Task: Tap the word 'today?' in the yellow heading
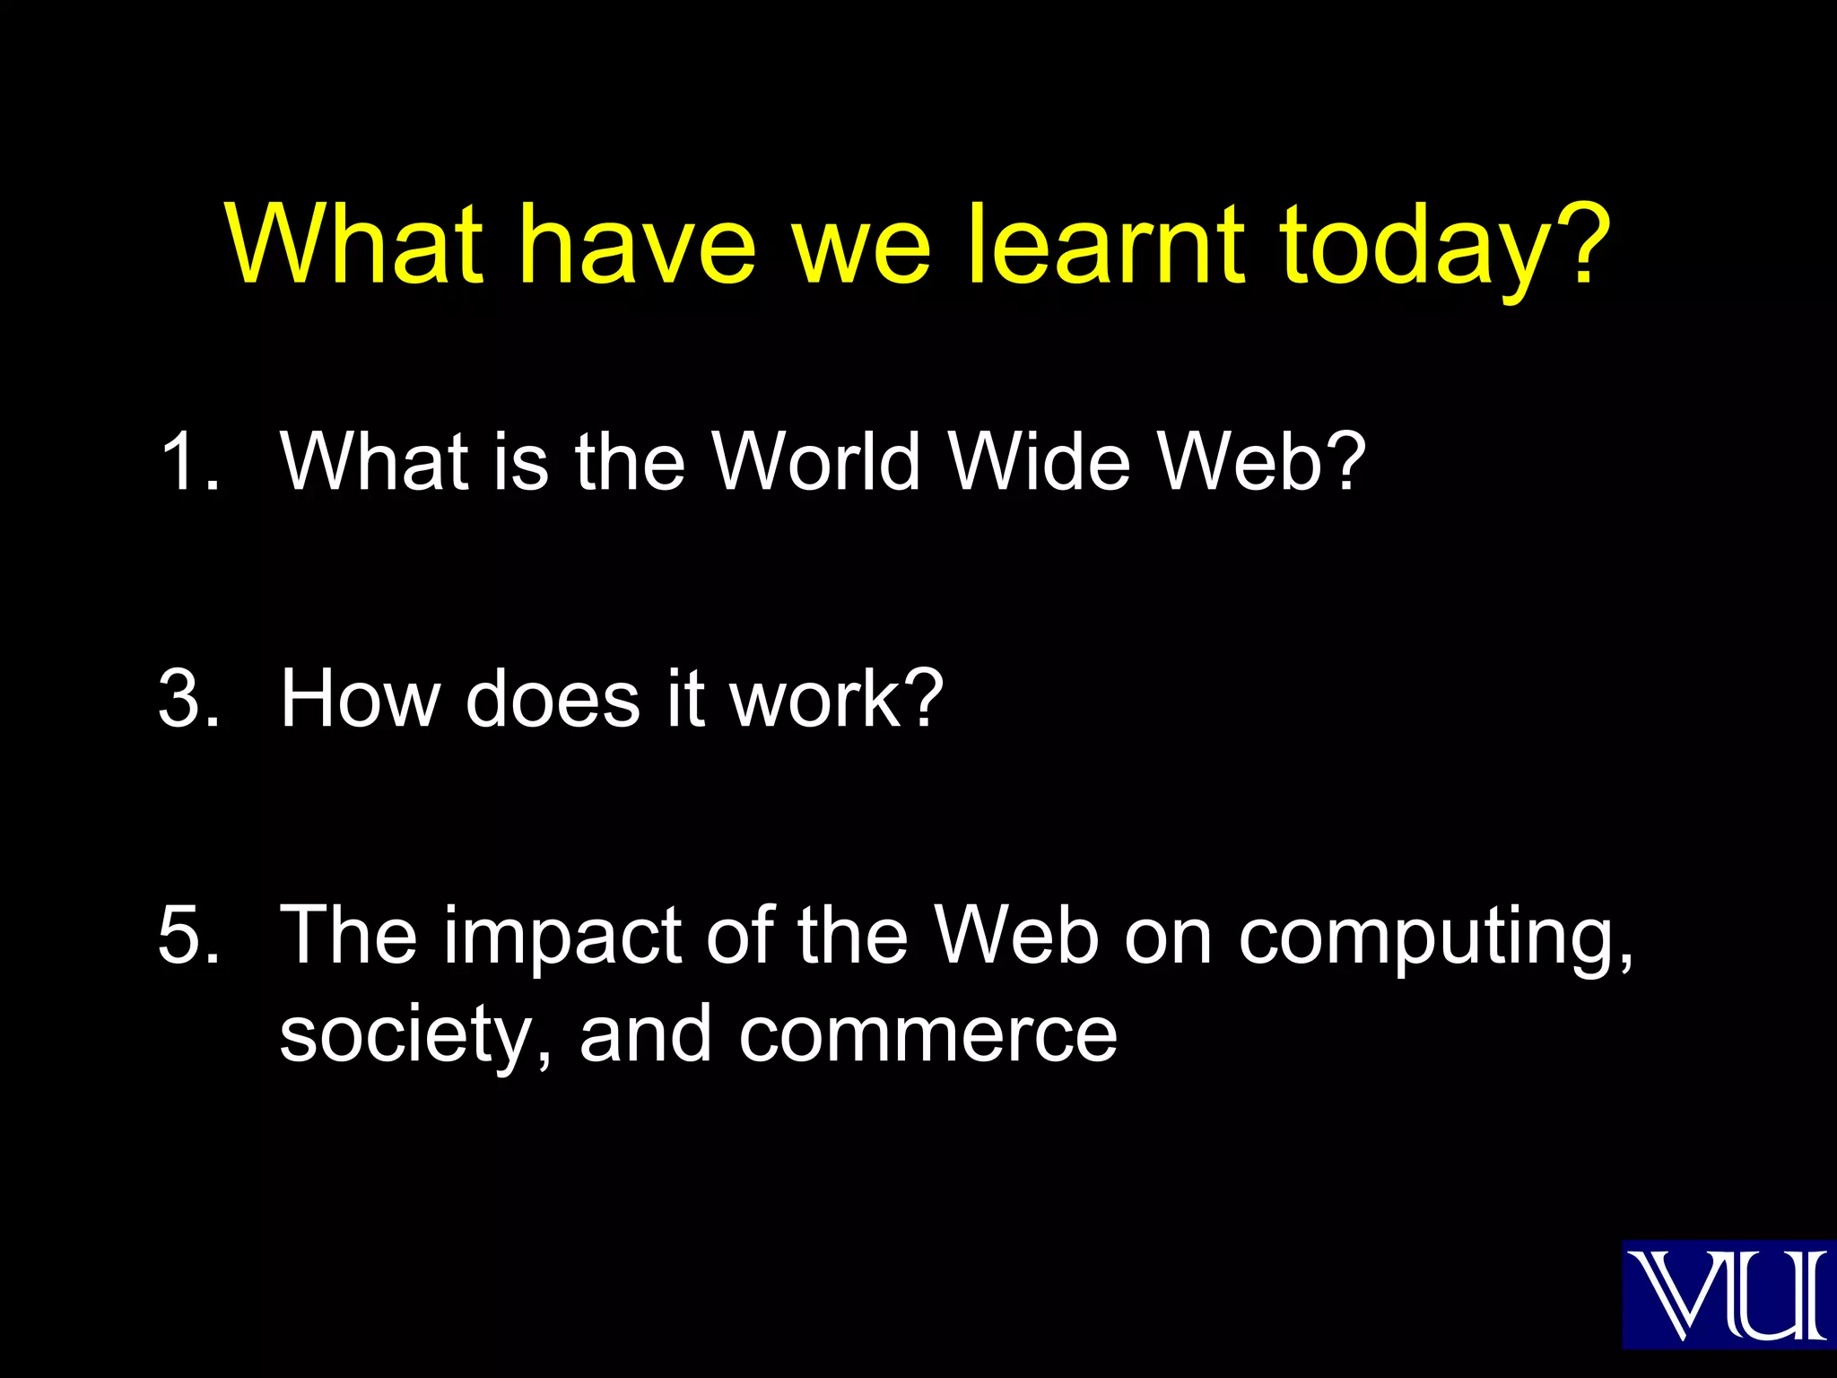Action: (x=1444, y=247)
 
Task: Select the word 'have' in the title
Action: (x=638, y=244)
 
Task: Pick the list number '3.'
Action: (x=189, y=699)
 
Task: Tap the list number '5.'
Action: (x=189, y=936)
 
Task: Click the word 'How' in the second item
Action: (x=359, y=699)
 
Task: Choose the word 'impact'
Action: (x=562, y=938)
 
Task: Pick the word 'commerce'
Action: (x=927, y=1037)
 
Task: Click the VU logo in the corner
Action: (x=1728, y=1294)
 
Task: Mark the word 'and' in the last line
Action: (x=646, y=1035)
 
